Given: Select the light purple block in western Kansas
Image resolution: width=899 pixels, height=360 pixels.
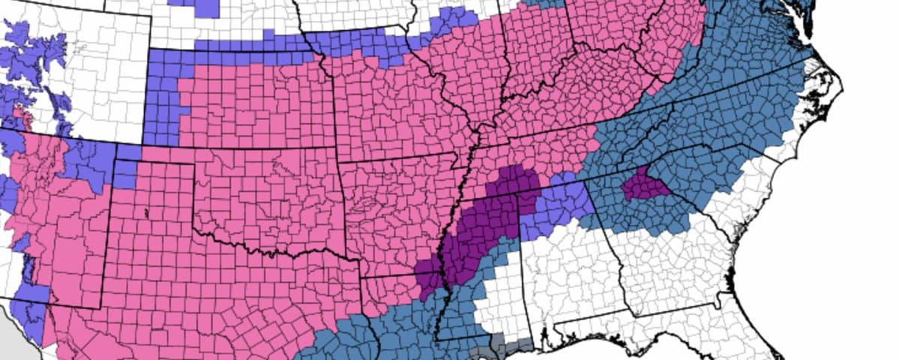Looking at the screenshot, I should (161, 97).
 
